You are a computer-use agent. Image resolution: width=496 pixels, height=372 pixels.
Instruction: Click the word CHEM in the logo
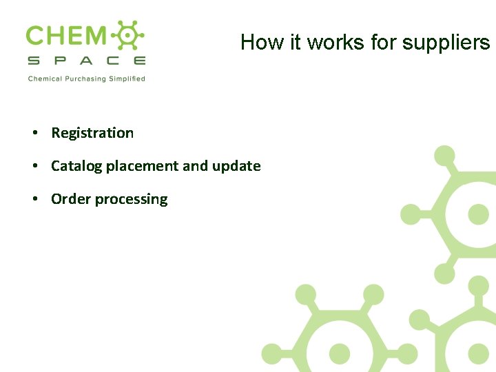(66, 36)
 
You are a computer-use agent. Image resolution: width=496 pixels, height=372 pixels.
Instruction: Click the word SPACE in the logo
(86, 61)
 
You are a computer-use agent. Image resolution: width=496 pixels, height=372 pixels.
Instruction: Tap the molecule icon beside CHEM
(127, 36)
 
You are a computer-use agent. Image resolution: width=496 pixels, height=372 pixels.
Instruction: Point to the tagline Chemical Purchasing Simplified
(86, 79)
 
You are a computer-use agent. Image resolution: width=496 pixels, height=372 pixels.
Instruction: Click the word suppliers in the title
(446, 43)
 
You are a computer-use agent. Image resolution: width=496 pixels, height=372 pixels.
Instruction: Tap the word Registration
(92, 133)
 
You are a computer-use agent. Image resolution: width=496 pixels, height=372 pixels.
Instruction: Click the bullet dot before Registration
(34, 133)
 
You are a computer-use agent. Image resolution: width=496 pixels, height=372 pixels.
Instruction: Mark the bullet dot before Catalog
(34, 166)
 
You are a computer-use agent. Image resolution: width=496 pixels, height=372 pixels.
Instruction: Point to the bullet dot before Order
(34, 199)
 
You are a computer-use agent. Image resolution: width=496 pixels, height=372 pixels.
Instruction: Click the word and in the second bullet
(196, 166)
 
